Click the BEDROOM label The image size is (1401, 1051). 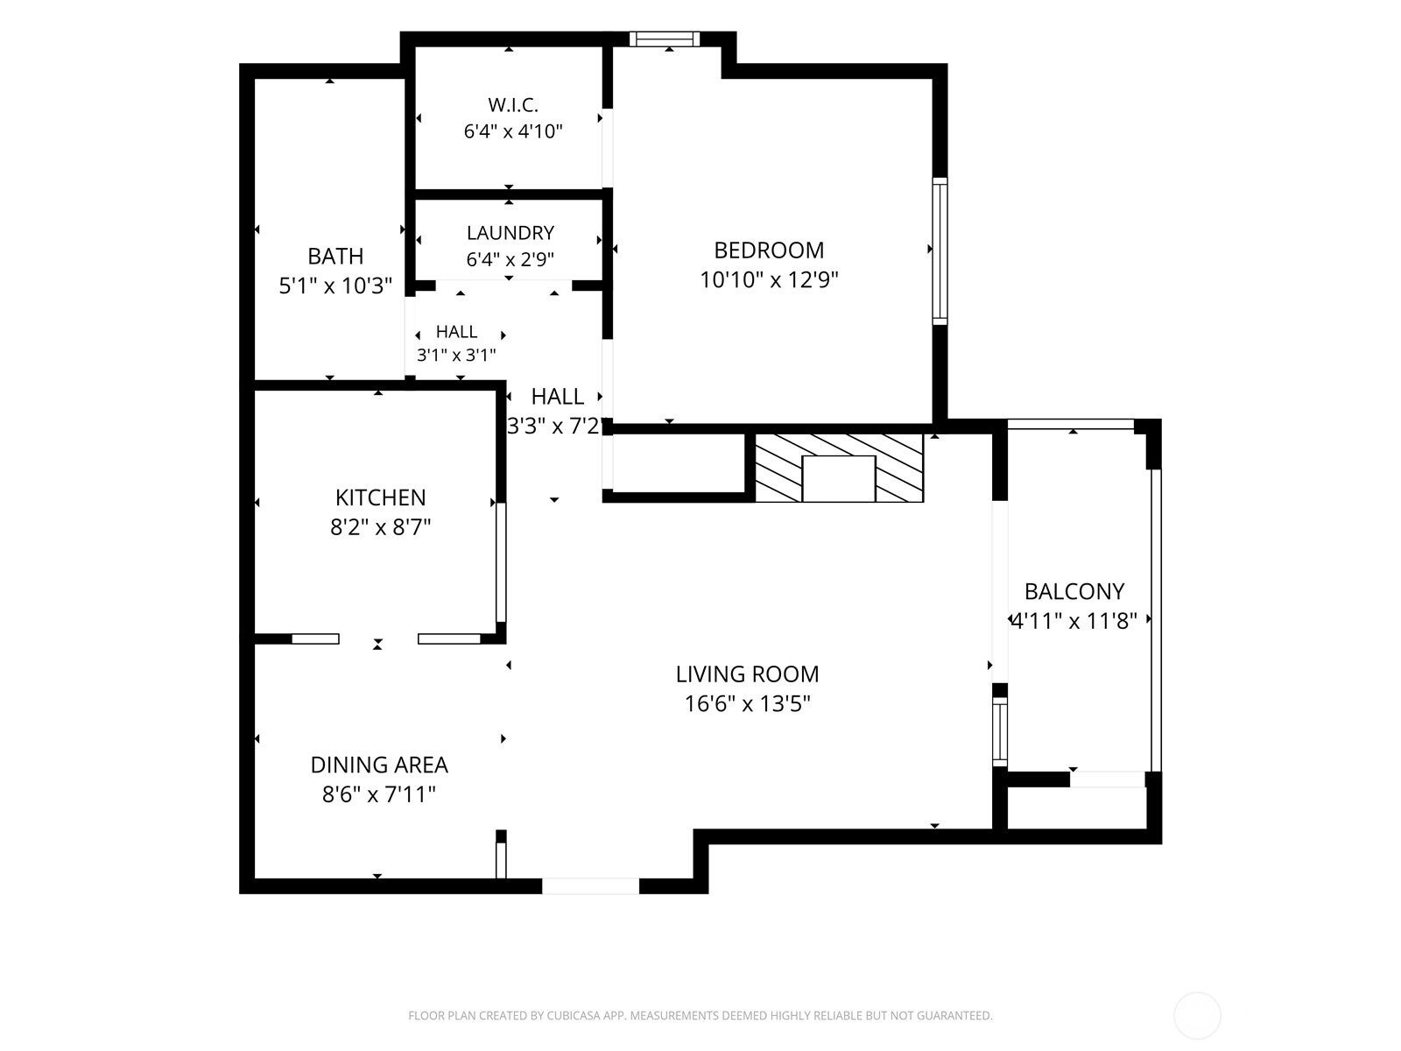[x=769, y=250]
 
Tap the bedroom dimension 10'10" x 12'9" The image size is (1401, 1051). [x=769, y=280]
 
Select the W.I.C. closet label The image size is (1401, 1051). [x=513, y=104]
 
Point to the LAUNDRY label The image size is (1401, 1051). [x=510, y=233]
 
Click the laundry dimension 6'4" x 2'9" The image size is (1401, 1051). [x=510, y=260]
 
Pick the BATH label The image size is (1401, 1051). [x=335, y=257]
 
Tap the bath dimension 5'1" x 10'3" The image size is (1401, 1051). [x=335, y=286]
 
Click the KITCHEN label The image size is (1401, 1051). [x=380, y=497]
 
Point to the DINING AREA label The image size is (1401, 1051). [x=379, y=765]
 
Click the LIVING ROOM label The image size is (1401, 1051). [x=748, y=674]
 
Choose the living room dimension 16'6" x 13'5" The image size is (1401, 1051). [x=748, y=704]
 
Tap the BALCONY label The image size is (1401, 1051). [x=1074, y=592]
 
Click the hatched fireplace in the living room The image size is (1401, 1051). [x=840, y=468]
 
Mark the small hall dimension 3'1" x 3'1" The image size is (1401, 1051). [x=456, y=355]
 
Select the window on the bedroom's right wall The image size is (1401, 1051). [x=940, y=250]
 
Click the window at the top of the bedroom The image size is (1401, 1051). [x=665, y=39]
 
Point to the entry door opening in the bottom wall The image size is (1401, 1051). [x=590, y=885]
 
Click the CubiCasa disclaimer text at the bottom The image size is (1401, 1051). [x=700, y=1015]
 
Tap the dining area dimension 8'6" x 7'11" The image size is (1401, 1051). [x=379, y=795]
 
